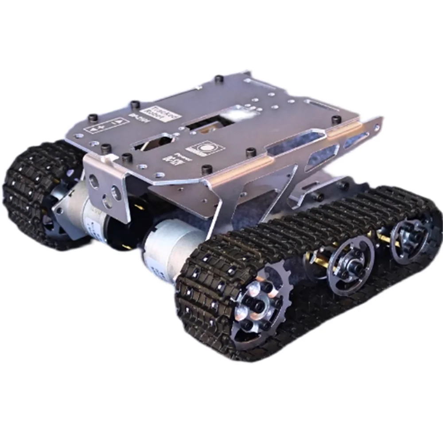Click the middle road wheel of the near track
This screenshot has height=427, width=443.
tap(350, 264)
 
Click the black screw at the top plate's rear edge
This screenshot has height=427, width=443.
tap(218, 80)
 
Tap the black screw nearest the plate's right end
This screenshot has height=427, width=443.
tap(336, 119)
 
